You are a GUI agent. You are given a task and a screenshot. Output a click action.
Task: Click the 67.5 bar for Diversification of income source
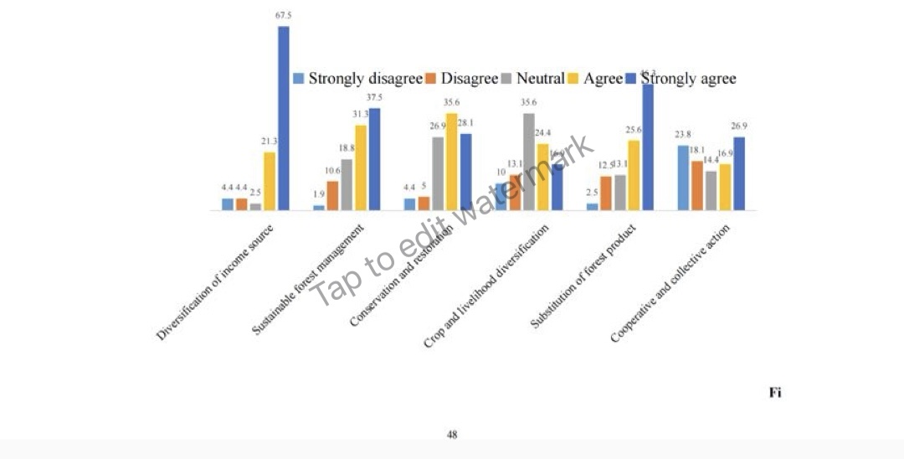click(x=284, y=117)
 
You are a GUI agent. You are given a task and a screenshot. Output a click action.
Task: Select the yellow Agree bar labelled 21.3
click(x=270, y=180)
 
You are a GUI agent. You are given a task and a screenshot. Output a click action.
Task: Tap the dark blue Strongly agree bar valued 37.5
click(x=374, y=158)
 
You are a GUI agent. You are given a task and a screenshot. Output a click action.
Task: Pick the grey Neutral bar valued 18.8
click(x=347, y=183)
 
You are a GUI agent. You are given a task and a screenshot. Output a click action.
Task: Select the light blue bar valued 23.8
click(x=683, y=178)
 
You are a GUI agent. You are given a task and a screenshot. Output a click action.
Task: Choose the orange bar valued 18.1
click(x=697, y=185)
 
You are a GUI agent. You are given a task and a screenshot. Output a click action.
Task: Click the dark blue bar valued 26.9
click(x=739, y=173)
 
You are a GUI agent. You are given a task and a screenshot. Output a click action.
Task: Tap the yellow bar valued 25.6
click(x=634, y=175)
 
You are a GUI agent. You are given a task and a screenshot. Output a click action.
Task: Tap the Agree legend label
click(x=603, y=79)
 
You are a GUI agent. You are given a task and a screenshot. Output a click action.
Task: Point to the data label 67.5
click(x=283, y=16)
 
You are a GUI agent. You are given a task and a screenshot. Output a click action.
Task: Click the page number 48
click(x=452, y=435)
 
